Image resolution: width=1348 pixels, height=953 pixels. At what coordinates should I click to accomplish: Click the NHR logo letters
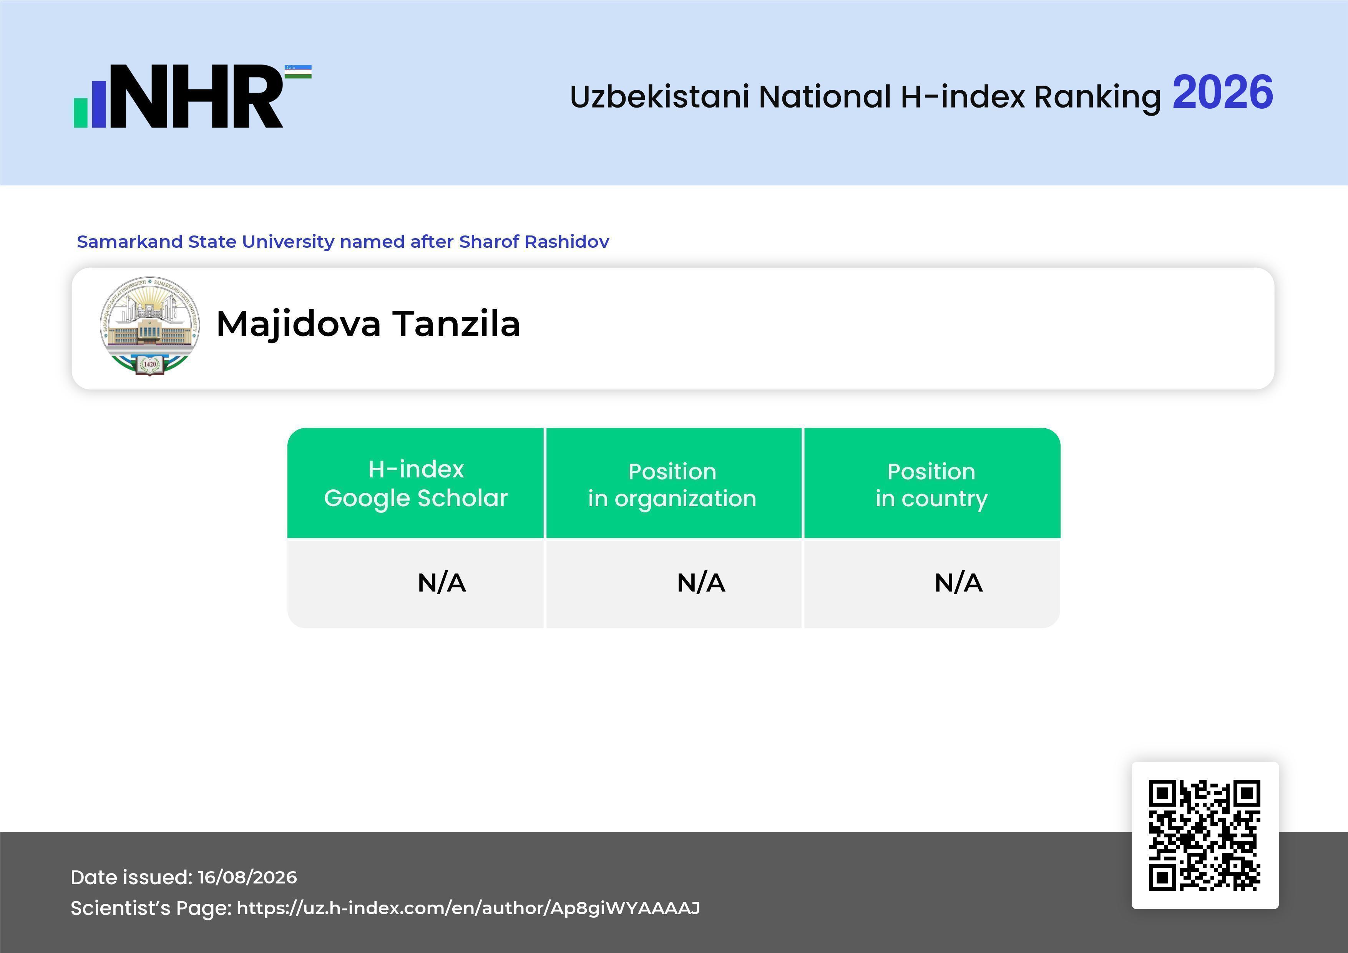click(x=196, y=96)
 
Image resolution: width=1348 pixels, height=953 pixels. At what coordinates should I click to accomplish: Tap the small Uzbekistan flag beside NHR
click(x=298, y=71)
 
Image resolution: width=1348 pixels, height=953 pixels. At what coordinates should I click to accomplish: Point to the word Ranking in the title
click(x=1097, y=98)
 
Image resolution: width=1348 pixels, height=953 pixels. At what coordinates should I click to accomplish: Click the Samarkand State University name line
click(x=343, y=241)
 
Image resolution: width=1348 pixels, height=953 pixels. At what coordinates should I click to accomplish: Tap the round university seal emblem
click(x=150, y=326)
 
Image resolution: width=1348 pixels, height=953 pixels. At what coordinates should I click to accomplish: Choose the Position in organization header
click(x=672, y=485)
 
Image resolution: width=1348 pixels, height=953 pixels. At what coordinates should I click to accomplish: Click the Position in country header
click(x=931, y=485)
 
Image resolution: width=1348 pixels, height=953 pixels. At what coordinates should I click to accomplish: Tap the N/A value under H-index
click(x=442, y=583)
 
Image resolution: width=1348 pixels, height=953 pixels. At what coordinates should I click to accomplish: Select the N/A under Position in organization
click(x=701, y=583)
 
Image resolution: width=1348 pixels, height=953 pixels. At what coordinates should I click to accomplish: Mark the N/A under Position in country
click(x=958, y=583)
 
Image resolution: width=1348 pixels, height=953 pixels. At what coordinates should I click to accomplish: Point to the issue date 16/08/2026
click(x=247, y=877)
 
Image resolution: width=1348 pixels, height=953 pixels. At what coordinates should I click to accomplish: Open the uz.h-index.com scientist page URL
click(x=468, y=908)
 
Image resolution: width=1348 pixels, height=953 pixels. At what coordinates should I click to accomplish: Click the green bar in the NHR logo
click(x=80, y=113)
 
